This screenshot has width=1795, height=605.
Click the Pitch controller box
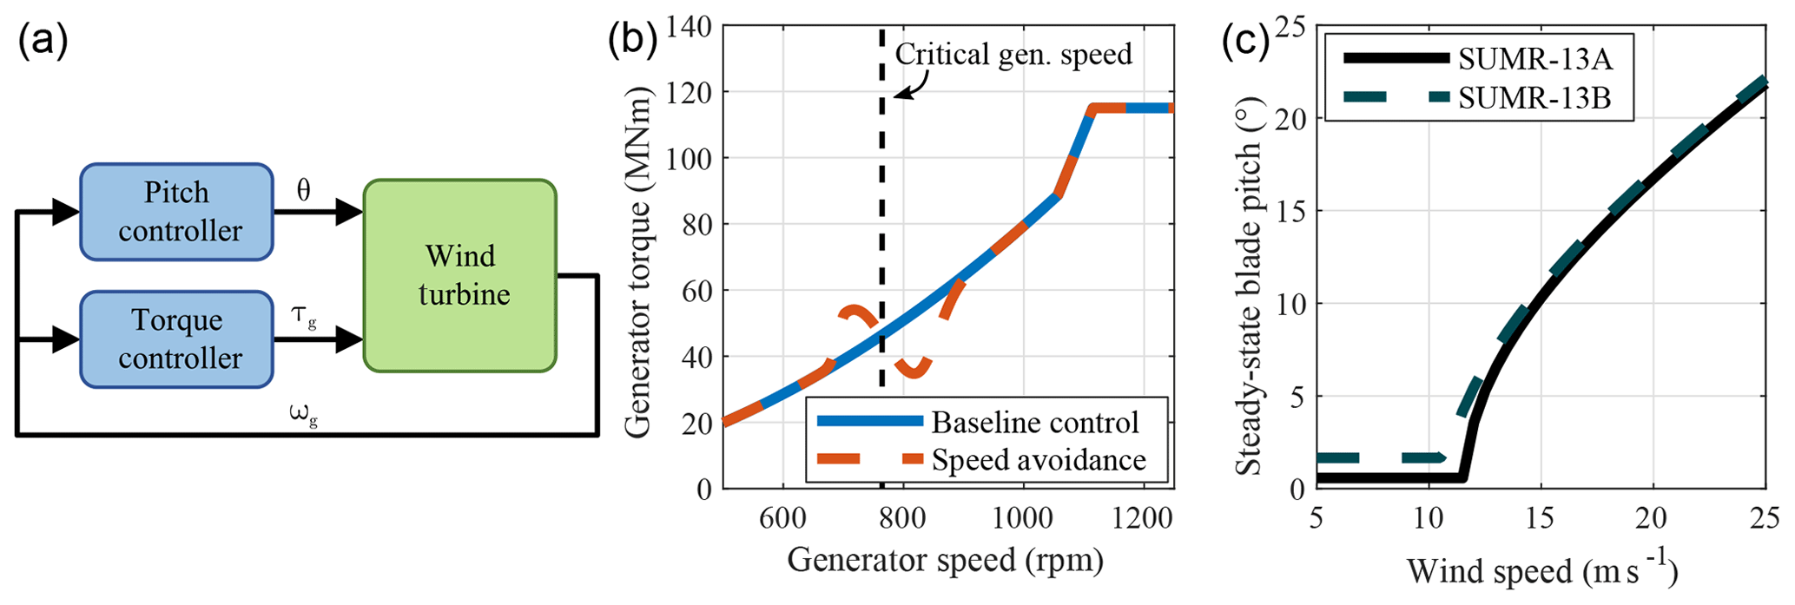coord(176,211)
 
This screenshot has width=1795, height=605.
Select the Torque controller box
coord(176,339)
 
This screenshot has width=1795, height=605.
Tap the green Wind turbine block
coord(460,275)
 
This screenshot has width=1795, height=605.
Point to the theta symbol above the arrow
coord(303,191)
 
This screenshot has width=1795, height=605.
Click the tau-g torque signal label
coord(303,317)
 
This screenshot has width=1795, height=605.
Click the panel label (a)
coord(43,42)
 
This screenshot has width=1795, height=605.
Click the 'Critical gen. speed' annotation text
coord(1013,54)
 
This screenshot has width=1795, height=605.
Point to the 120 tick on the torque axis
coord(688,92)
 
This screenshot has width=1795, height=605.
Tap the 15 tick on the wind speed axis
coord(1541,518)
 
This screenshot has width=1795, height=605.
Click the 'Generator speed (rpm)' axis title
coord(945,560)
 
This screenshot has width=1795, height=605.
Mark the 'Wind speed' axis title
coord(1541,571)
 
